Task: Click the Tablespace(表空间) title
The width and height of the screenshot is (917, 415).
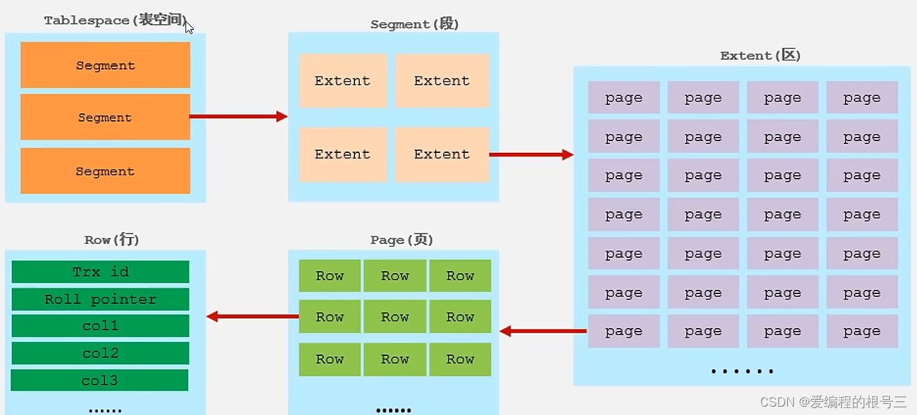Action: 115,21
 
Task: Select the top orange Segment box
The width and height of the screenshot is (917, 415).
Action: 105,65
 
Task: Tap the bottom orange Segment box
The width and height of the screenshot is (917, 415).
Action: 105,171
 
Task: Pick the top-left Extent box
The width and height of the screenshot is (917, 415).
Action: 342,81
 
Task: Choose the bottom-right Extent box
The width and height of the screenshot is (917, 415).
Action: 442,154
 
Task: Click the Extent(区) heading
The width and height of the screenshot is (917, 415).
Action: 761,56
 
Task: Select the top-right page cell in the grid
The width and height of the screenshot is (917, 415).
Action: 861,98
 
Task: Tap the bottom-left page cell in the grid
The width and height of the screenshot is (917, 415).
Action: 623,332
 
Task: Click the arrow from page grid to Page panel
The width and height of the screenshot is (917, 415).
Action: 543,332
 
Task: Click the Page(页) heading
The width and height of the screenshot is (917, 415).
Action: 402,240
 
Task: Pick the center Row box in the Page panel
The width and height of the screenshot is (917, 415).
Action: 395,317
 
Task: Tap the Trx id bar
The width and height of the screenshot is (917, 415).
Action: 101,272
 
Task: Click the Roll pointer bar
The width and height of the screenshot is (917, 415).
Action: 101,300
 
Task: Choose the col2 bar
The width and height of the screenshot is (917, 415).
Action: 101,353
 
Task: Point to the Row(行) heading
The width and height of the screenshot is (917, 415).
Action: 112,240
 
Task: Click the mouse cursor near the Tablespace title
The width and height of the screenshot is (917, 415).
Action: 189,27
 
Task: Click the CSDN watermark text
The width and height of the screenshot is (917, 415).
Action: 833,402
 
